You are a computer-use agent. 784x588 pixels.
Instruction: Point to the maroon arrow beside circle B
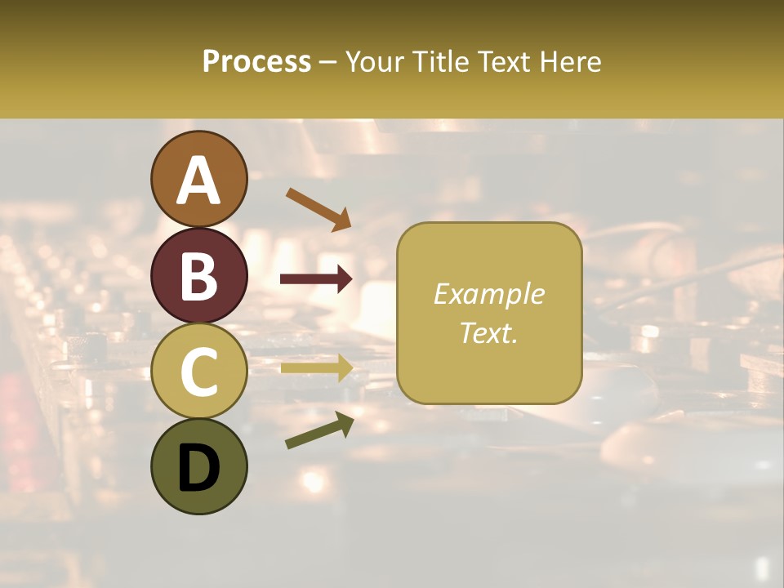point(316,279)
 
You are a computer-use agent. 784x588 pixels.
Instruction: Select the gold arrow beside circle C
point(316,368)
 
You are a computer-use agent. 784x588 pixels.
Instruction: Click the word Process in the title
point(256,62)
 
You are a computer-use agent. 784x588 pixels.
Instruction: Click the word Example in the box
point(488,294)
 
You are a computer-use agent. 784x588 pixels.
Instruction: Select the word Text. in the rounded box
point(488,332)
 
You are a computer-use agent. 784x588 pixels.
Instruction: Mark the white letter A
point(199,180)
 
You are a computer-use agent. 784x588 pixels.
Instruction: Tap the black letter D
point(199,468)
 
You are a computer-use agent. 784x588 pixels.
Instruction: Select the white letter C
point(199,372)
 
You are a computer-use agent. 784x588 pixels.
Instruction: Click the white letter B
point(199,276)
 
